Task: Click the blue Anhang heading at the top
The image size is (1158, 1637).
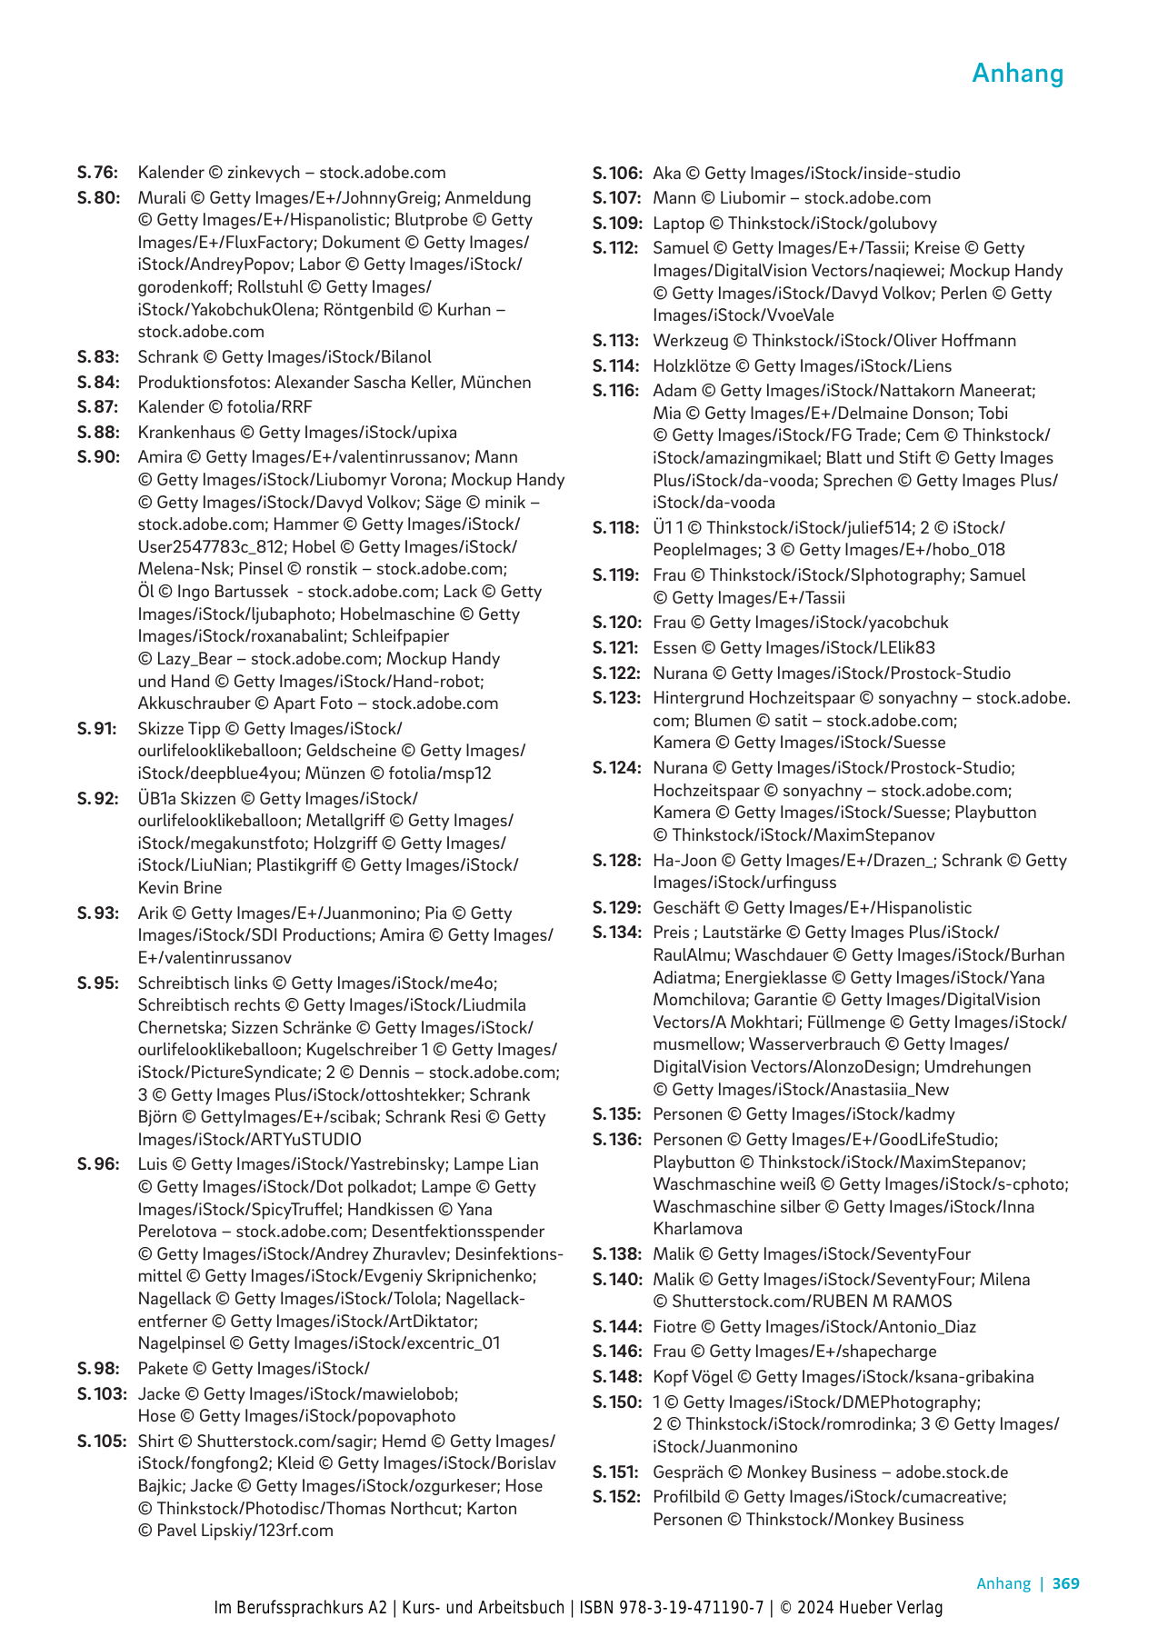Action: (x=1017, y=74)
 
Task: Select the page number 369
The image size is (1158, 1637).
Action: (x=1065, y=1583)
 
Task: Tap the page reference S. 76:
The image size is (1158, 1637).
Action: (x=97, y=173)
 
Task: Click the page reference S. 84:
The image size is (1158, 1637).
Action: (x=98, y=383)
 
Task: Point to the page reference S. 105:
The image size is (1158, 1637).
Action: (x=101, y=1442)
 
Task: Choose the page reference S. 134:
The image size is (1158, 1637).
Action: (x=616, y=933)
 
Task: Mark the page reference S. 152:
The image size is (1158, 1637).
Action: (x=616, y=1497)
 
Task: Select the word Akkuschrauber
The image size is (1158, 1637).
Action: (x=192, y=704)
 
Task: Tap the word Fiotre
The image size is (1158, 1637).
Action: (x=675, y=1327)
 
